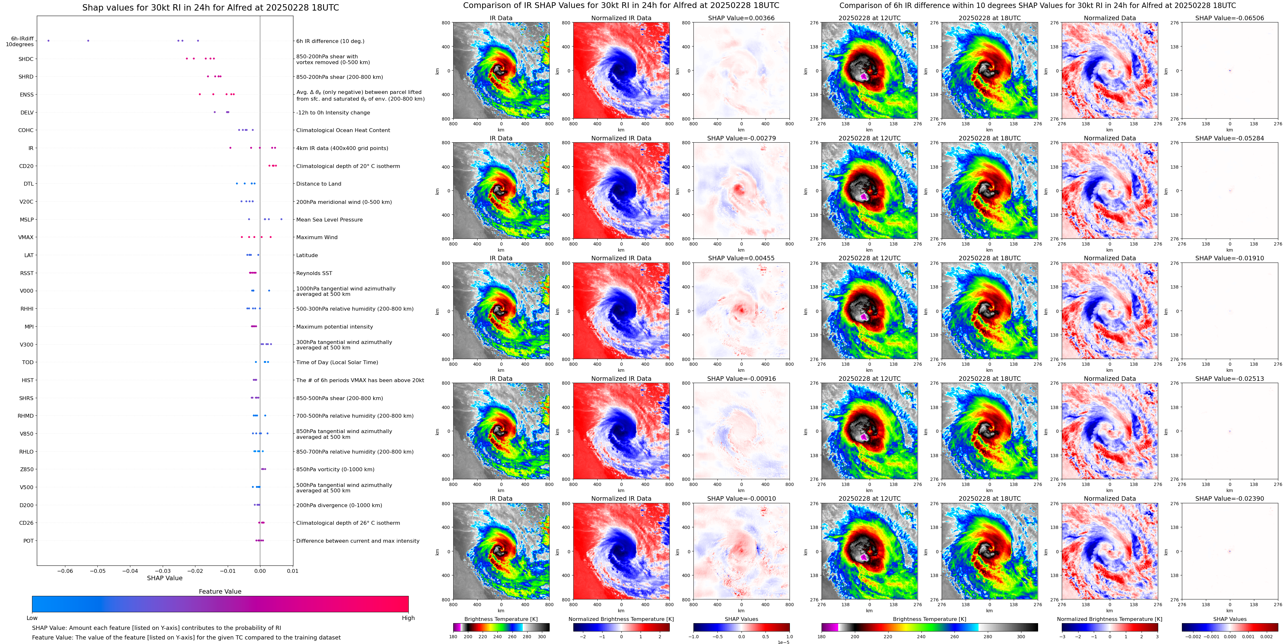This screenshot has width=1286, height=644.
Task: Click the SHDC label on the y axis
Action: pyautogui.click(x=26, y=59)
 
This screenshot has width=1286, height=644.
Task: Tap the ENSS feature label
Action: pyautogui.click(x=27, y=95)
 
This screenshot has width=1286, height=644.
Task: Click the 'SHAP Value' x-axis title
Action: pyautogui.click(x=164, y=578)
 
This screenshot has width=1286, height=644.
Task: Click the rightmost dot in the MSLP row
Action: pyautogui.click(x=281, y=219)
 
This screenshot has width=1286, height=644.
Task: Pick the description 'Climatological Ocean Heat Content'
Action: pyautogui.click(x=343, y=130)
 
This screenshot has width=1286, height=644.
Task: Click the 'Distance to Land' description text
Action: pyautogui.click(x=318, y=184)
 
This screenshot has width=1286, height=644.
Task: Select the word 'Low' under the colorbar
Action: pyautogui.click(x=32, y=618)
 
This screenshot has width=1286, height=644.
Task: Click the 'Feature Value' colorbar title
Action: pyautogui.click(x=220, y=591)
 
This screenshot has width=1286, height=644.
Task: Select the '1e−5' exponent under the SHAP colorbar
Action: pyautogui.click(x=783, y=642)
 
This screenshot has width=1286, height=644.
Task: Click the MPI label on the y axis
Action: pyautogui.click(x=29, y=327)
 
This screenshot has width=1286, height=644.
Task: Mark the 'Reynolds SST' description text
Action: pyautogui.click(x=314, y=273)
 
